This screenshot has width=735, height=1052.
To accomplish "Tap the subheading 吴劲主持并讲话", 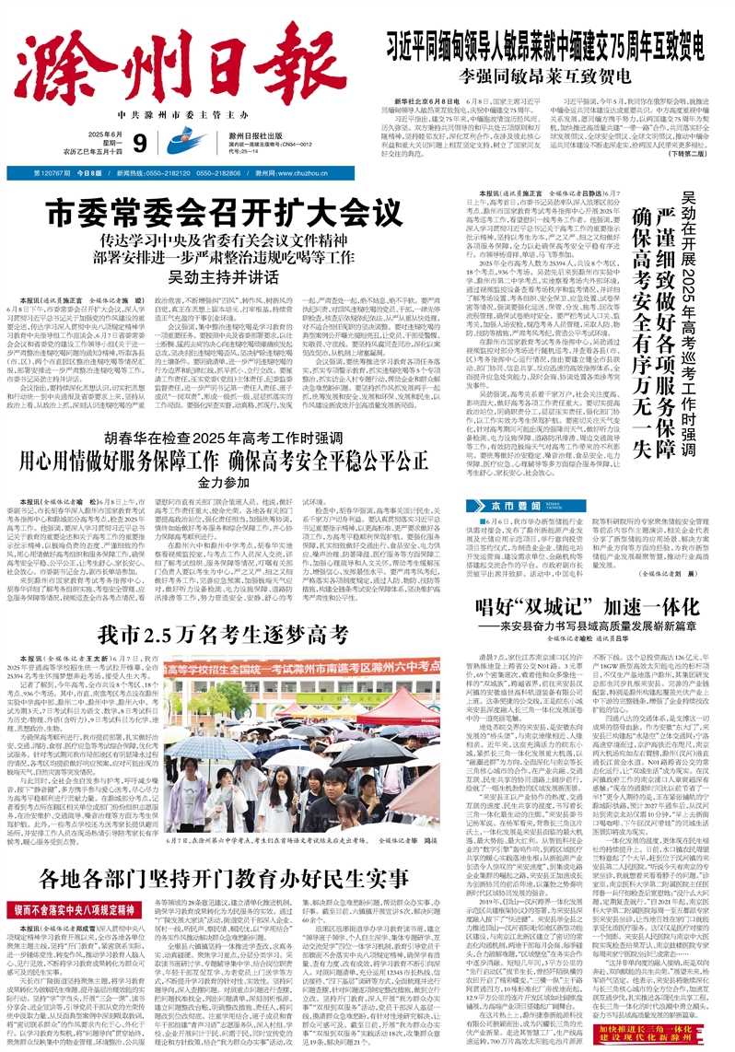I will [237, 276].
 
